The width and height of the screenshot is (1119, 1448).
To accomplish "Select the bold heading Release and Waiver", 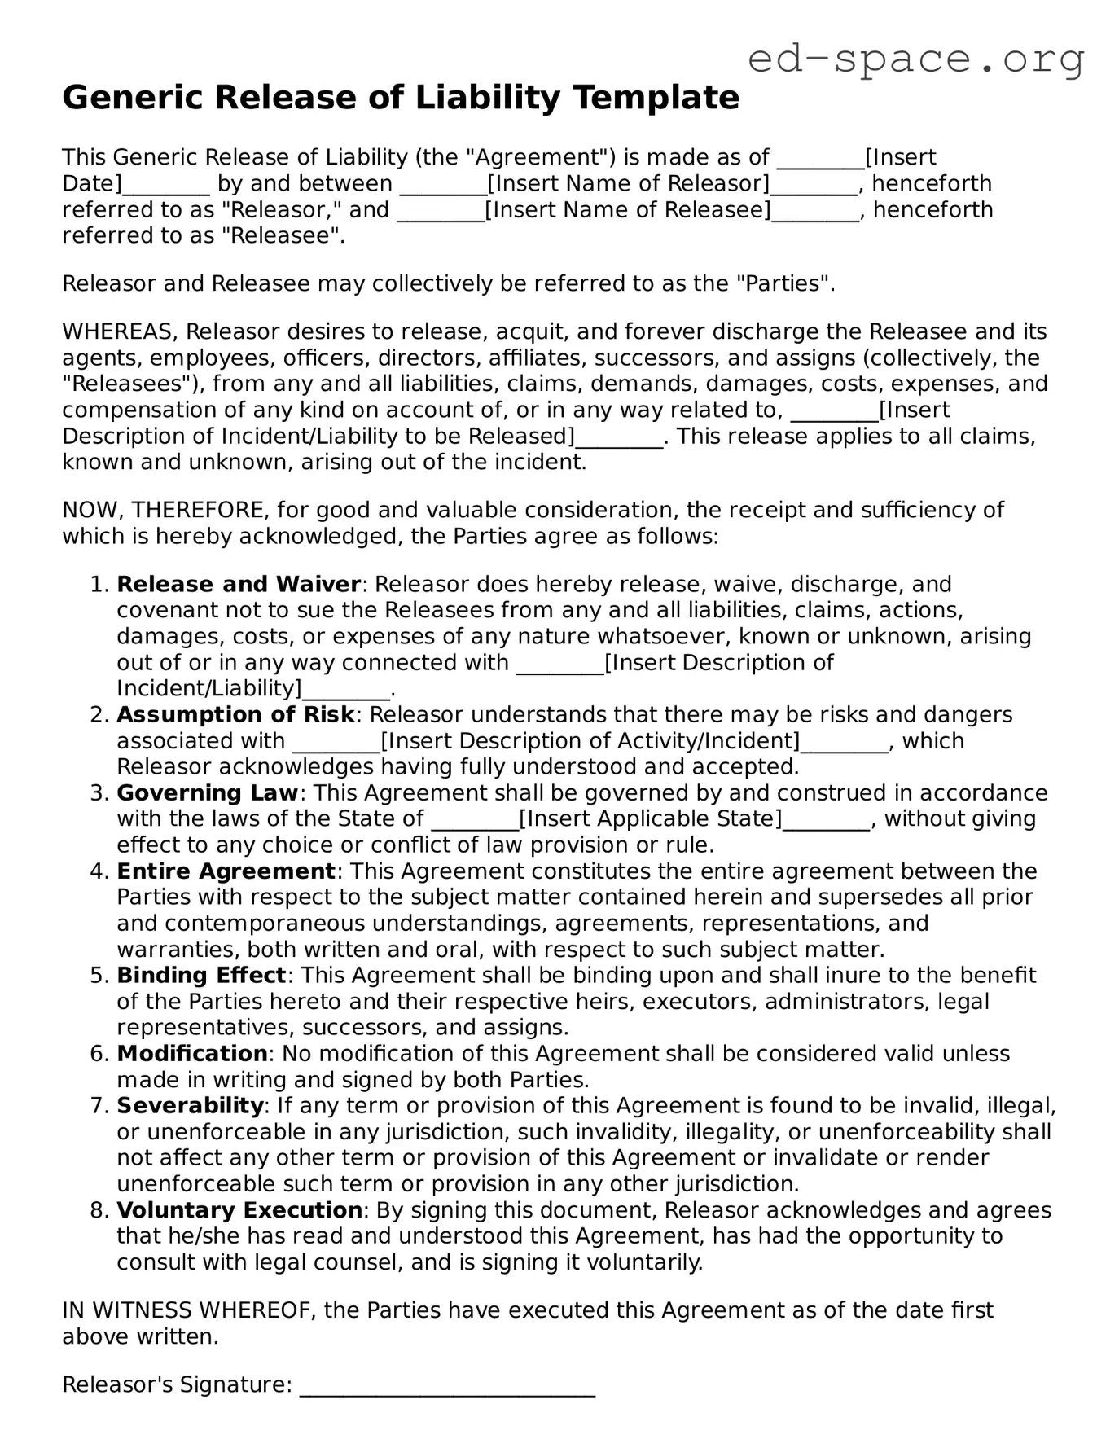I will [x=239, y=584].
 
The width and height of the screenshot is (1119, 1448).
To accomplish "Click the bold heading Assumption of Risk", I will [x=235, y=714].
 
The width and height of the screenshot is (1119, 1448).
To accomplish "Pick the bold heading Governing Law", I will [x=208, y=792].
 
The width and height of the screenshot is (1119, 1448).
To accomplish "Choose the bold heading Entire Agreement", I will [x=226, y=871].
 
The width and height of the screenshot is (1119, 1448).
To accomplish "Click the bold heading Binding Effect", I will [x=201, y=975].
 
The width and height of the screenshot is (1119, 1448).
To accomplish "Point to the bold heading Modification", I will [x=192, y=1053].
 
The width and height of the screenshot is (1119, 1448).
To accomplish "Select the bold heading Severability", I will [x=190, y=1105].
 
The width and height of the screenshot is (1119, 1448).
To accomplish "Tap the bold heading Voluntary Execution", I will [x=239, y=1209].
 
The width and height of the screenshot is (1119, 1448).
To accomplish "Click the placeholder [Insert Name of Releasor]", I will [x=628, y=183].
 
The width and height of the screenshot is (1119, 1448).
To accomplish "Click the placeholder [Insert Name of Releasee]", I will [x=627, y=209].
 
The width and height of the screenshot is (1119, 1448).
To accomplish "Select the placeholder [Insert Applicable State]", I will [x=650, y=818].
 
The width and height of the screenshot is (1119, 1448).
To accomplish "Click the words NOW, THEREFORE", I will [x=162, y=510].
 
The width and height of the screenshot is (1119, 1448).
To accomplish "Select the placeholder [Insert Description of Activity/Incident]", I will [x=590, y=741].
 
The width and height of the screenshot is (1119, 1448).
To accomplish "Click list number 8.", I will [x=99, y=1210].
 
